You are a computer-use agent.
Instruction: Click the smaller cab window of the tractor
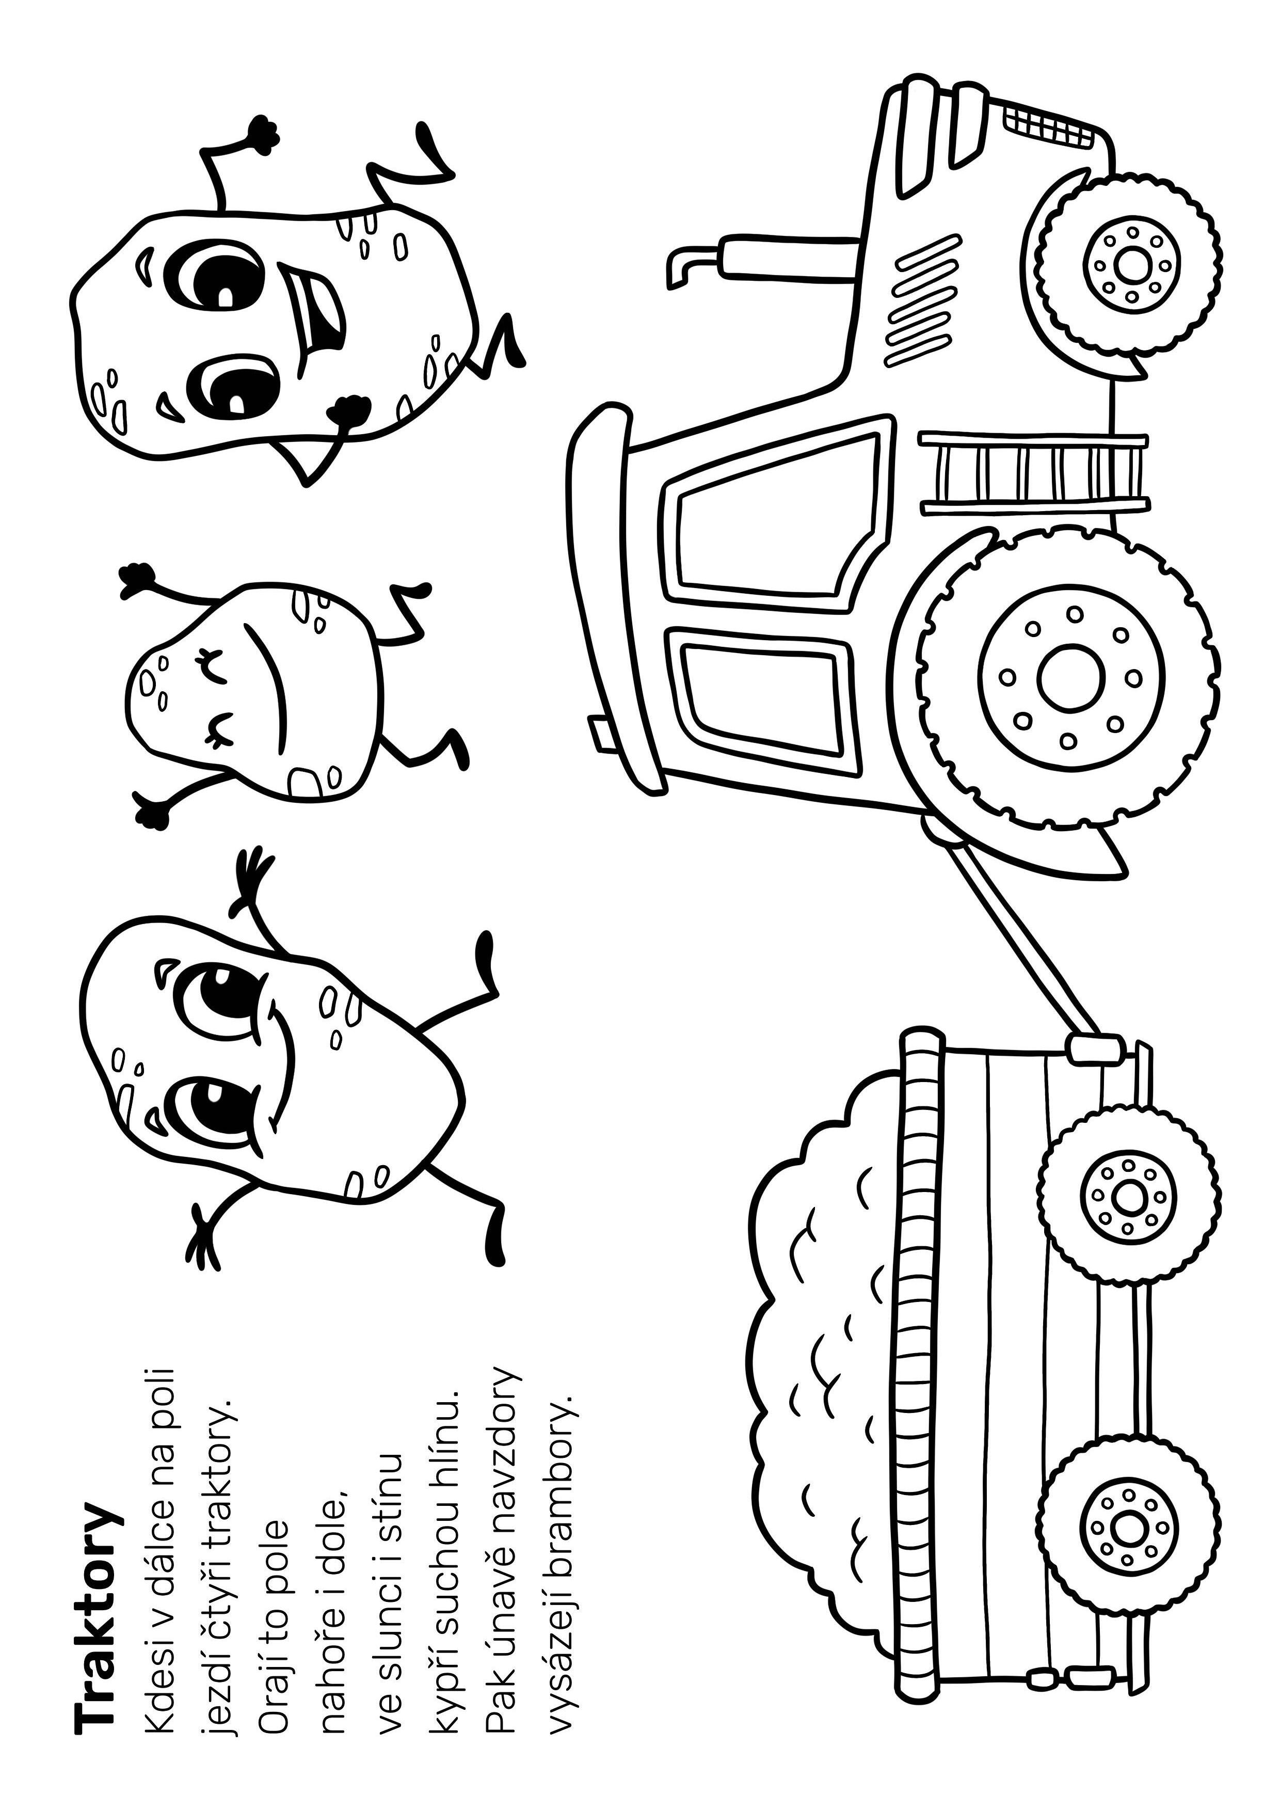point(761,698)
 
